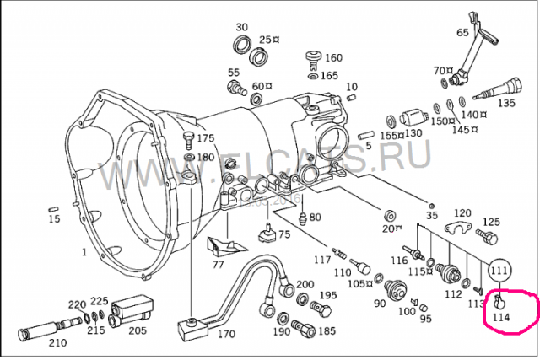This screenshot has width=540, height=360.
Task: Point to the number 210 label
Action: pyautogui.click(x=57, y=342)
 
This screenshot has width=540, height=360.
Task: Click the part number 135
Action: pyautogui.click(x=505, y=104)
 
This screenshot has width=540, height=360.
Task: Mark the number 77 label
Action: pyautogui.click(x=218, y=264)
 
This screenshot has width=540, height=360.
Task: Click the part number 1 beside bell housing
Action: pyautogui.click(x=84, y=252)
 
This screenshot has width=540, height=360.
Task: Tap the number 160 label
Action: pyautogui.click(x=333, y=57)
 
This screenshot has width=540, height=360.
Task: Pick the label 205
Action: pyautogui.click(x=138, y=330)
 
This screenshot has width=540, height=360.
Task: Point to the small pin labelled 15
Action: pyautogui.click(x=52, y=207)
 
